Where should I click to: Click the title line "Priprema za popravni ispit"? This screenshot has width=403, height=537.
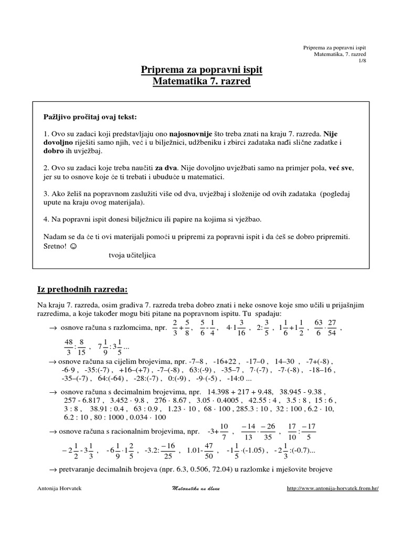(202, 70)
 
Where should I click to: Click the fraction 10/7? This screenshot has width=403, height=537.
(224, 433)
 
